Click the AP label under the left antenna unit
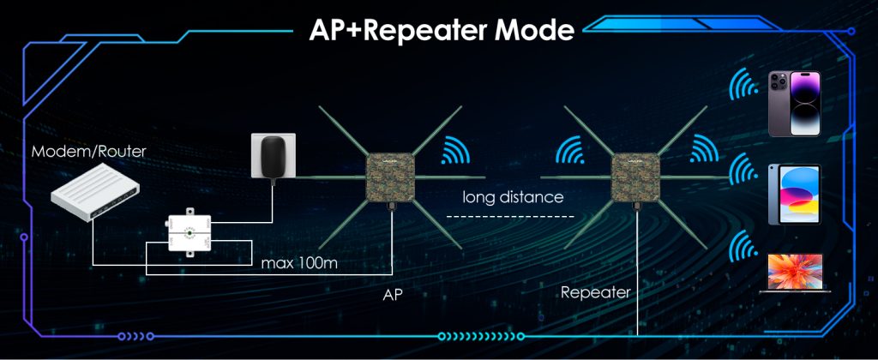[x=393, y=294]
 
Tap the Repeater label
[x=595, y=292]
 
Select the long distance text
[x=513, y=197]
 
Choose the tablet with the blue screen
[x=795, y=194]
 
